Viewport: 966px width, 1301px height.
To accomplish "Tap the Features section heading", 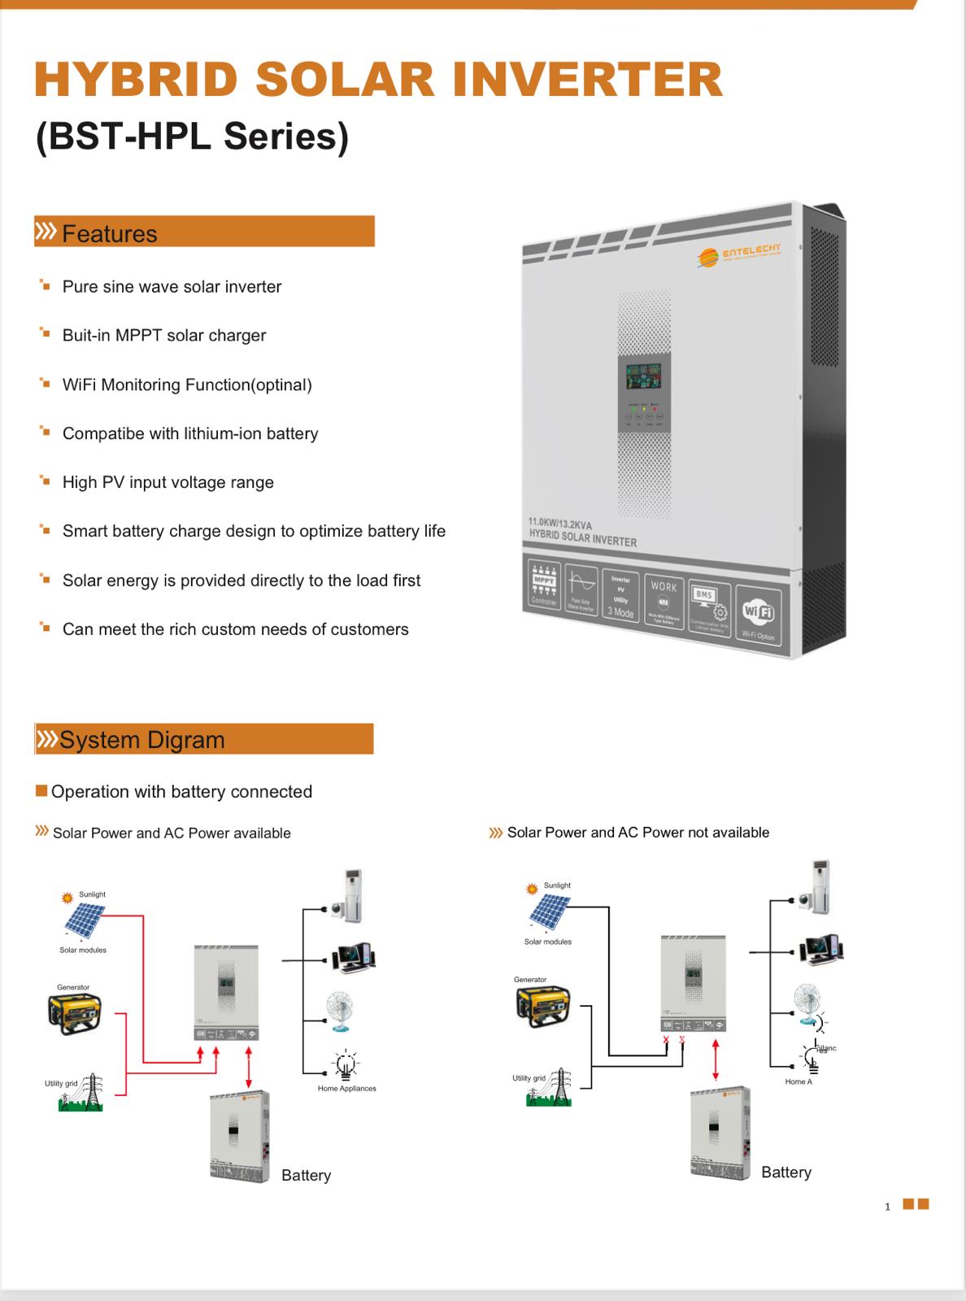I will [109, 233].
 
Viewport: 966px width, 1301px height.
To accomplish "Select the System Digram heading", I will [141, 740].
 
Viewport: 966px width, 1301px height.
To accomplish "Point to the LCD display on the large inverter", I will [642, 376].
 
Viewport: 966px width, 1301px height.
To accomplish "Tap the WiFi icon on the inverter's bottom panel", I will [757, 614].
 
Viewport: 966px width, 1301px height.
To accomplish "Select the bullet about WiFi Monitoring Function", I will [187, 385].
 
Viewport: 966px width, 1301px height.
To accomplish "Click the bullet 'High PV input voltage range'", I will [168, 482].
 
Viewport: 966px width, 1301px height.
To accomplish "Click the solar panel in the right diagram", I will [546, 912].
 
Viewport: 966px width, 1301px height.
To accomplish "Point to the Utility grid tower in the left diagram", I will [90, 1091].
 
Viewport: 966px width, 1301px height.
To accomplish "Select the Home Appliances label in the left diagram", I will [346, 1088].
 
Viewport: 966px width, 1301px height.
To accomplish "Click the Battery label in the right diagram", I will [785, 1172].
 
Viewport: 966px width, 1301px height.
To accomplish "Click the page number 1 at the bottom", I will [888, 1207].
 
